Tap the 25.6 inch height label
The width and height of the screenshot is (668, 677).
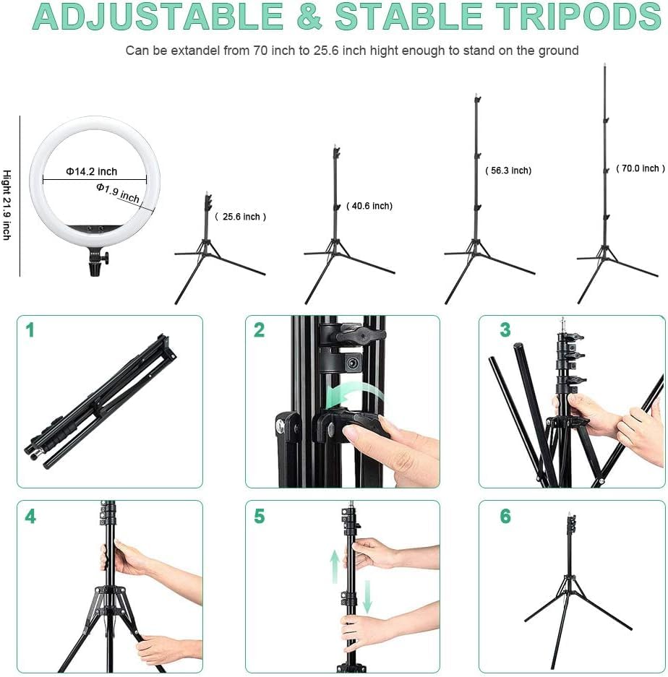[x=241, y=217]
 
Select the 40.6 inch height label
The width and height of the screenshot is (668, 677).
[x=369, y=206]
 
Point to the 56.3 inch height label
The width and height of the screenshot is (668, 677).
[x=508, y=171]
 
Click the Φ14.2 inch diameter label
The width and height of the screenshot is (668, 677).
[x=91, y=171]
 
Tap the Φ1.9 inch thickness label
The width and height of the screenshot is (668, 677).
[x=118, y=192]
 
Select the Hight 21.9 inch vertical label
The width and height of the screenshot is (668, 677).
[x=7, y=204]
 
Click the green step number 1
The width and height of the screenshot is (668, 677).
[x=30, y=331]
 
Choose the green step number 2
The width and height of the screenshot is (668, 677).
[x=259, y=331]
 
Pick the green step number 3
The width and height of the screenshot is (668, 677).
[x=505, y=331]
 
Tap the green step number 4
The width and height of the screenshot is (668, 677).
[x=30, y=517]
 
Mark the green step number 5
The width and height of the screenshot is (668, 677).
[x=259, y=517]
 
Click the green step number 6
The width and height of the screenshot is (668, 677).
[x=505, y=517]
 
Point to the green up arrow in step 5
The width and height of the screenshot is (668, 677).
[x=335, y=566]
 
